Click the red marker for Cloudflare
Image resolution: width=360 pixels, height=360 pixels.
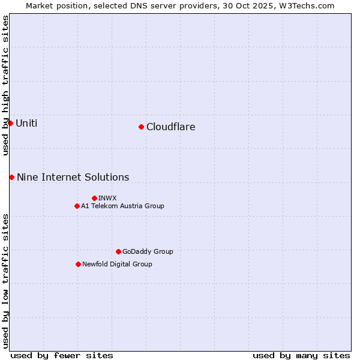point(141,127)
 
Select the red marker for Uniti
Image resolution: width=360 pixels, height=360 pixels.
point(10,123)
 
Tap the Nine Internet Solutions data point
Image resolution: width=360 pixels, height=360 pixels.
point(11,177)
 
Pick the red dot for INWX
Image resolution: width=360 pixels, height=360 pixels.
point(94,198)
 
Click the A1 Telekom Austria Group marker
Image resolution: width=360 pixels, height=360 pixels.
point(77,206)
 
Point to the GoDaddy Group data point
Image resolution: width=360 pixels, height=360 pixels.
point(118,251)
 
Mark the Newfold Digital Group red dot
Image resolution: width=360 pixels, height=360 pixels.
point(78,264)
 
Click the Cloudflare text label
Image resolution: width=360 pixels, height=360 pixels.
point(170,127)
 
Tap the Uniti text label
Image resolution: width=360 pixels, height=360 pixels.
point(26,123)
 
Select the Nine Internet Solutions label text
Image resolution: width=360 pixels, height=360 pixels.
point(73,177)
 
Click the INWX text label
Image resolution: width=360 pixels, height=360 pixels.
point(107,198)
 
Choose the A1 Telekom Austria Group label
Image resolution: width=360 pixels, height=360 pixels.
point(122,206)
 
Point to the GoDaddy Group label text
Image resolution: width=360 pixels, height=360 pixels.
point(148,251)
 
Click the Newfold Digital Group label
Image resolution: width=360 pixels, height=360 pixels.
point(117,264)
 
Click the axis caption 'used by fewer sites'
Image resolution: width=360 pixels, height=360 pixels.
point(62,355)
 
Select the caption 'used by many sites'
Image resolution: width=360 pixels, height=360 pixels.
point(301,355)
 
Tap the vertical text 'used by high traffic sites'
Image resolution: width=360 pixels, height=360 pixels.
point(5,85)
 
